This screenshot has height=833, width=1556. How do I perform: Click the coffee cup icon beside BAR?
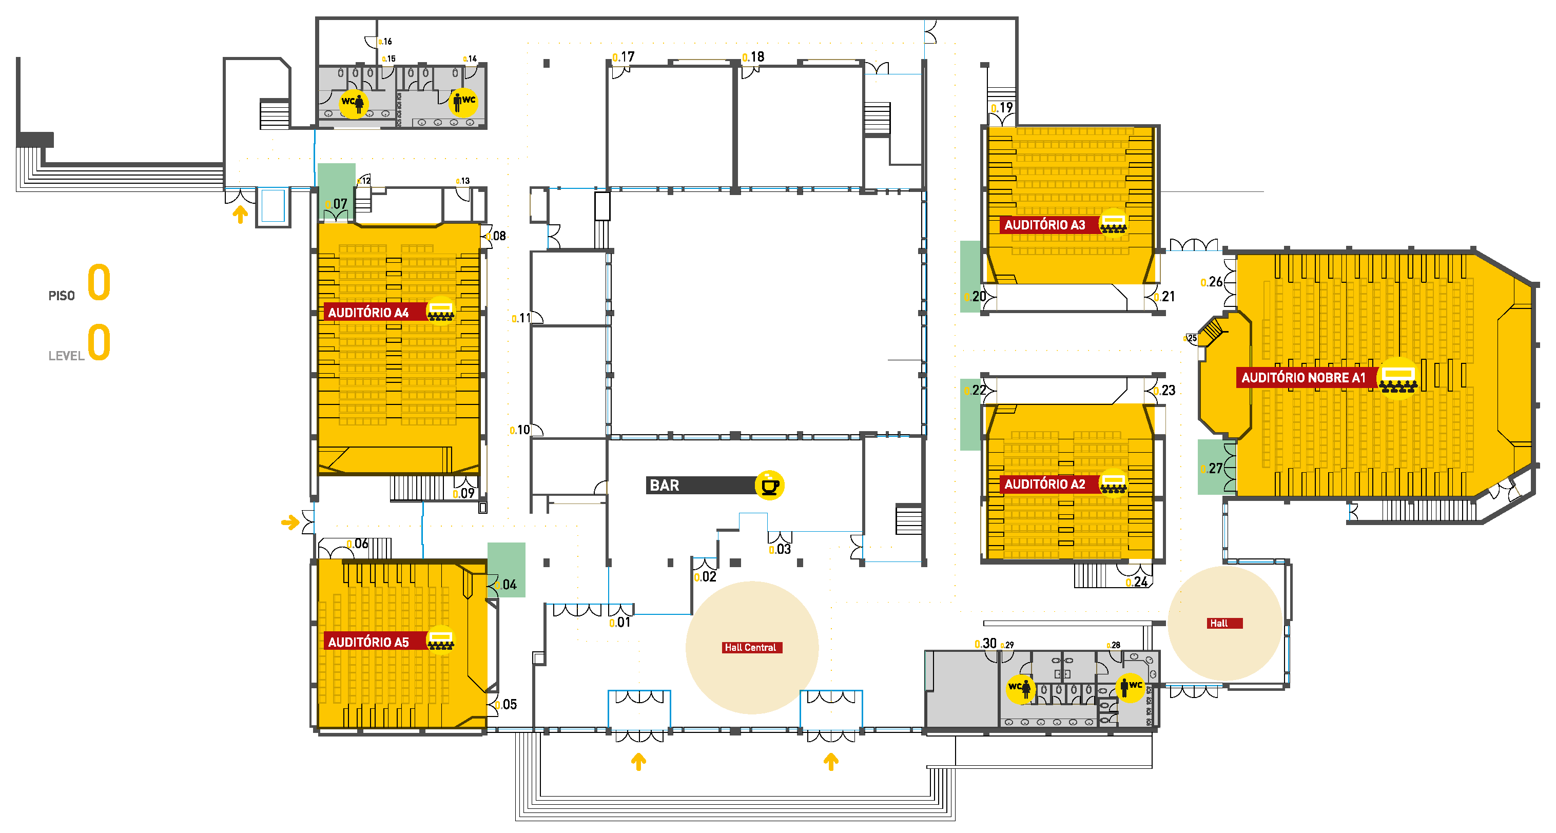[770, 485]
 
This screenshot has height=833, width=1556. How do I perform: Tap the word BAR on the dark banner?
[664, 485]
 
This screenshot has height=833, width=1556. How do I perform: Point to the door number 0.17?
[624, 57]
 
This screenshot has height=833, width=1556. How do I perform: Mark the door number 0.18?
[753, 57]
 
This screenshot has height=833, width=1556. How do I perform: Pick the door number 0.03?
[780, 549]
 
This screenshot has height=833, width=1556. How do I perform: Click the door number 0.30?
[985, 643]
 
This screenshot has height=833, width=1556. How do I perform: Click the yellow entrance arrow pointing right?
[290, 522]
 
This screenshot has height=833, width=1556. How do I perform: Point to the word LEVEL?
[66, 356]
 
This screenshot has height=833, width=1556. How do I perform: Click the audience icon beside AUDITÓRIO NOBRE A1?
[1398, 378]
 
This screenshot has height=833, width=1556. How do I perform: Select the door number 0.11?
[521, 318]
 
